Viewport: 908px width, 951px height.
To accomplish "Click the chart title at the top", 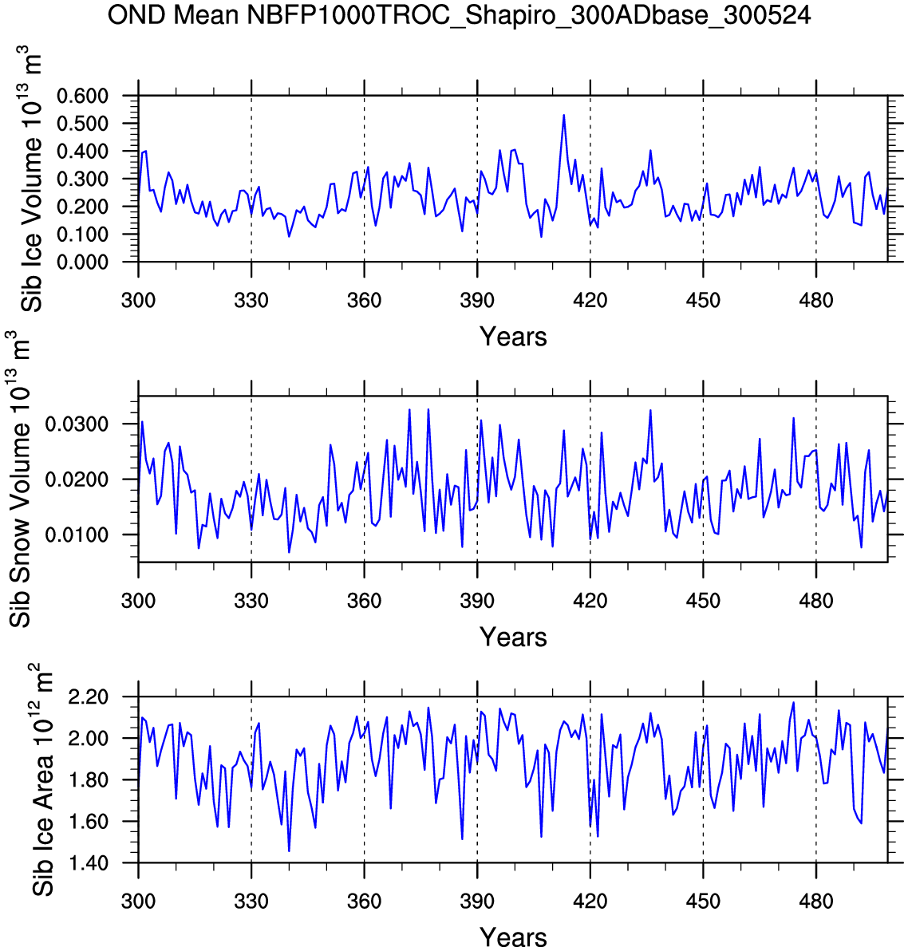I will (459, 14).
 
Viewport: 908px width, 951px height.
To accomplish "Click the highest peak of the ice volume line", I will (563, 115).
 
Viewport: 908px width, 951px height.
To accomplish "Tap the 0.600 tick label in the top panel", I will (93, 97).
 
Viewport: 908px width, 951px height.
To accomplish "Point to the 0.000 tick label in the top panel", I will (93, 262).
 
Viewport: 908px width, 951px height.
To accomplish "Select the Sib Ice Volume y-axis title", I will (32, 179).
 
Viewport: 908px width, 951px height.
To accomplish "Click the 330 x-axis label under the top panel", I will (251, 301).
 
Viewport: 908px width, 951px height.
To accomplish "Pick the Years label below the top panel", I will (513, 337).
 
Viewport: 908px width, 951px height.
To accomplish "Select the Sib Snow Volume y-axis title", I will (21, 479).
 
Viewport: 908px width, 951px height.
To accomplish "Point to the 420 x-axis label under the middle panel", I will (590, 601).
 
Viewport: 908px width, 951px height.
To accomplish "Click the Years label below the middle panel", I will (513, 637).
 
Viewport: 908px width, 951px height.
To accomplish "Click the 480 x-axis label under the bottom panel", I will (815, 902).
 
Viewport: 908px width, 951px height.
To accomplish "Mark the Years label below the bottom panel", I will (513, 937).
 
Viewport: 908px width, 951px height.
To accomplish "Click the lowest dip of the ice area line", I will (289, 850).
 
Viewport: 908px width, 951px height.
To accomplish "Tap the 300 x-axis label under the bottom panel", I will (138, 902).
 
